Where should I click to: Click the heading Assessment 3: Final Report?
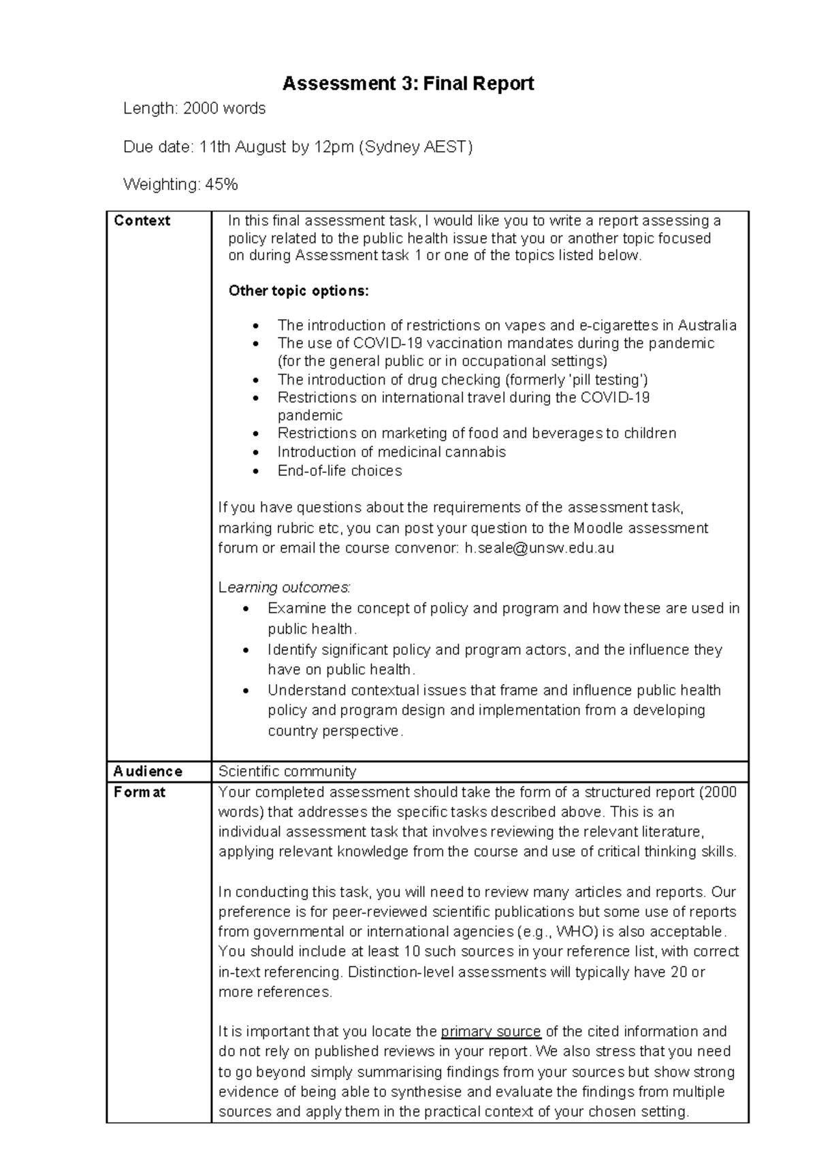pos(408,84)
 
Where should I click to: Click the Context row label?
pos(142,221)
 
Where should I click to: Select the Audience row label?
pos(148,771)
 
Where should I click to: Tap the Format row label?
pos(140,792)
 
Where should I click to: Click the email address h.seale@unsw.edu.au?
pos(539,548)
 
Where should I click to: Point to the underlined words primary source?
pos(491,1031)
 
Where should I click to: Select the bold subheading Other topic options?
pos(298,291)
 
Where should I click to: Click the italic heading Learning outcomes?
pos(284,587)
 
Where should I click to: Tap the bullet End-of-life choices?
pos(339,470)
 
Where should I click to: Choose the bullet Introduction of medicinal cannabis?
pos(391,452)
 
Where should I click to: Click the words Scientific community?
pos(287,771)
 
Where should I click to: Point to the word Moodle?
pos(598,528)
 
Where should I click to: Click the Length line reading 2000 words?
pos(194,108)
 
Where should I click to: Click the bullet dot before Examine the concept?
pos(246,608)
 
